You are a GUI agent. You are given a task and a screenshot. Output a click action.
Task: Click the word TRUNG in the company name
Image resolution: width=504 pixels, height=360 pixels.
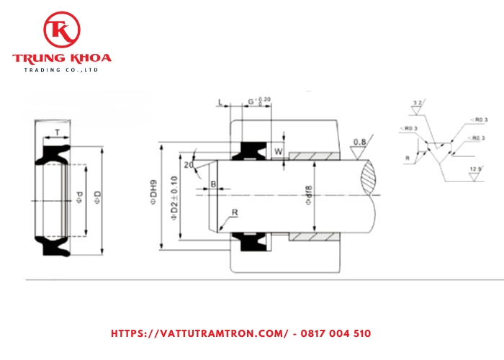click(38, 58)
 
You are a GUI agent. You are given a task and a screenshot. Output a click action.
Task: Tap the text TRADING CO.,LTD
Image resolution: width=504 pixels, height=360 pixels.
click(62, 70)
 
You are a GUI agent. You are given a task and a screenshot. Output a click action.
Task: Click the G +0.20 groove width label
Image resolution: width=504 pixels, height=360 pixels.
click(258, 101)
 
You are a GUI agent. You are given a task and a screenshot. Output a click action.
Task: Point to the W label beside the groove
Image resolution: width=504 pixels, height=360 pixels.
click(277, 151)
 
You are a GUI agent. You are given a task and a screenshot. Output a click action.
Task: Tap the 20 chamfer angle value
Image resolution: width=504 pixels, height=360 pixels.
click(189, 165)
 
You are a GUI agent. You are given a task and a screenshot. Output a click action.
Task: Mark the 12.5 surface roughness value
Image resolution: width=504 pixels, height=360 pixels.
click(474, 171)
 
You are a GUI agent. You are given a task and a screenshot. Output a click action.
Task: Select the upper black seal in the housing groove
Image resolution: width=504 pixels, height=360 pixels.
click(251, 149)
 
